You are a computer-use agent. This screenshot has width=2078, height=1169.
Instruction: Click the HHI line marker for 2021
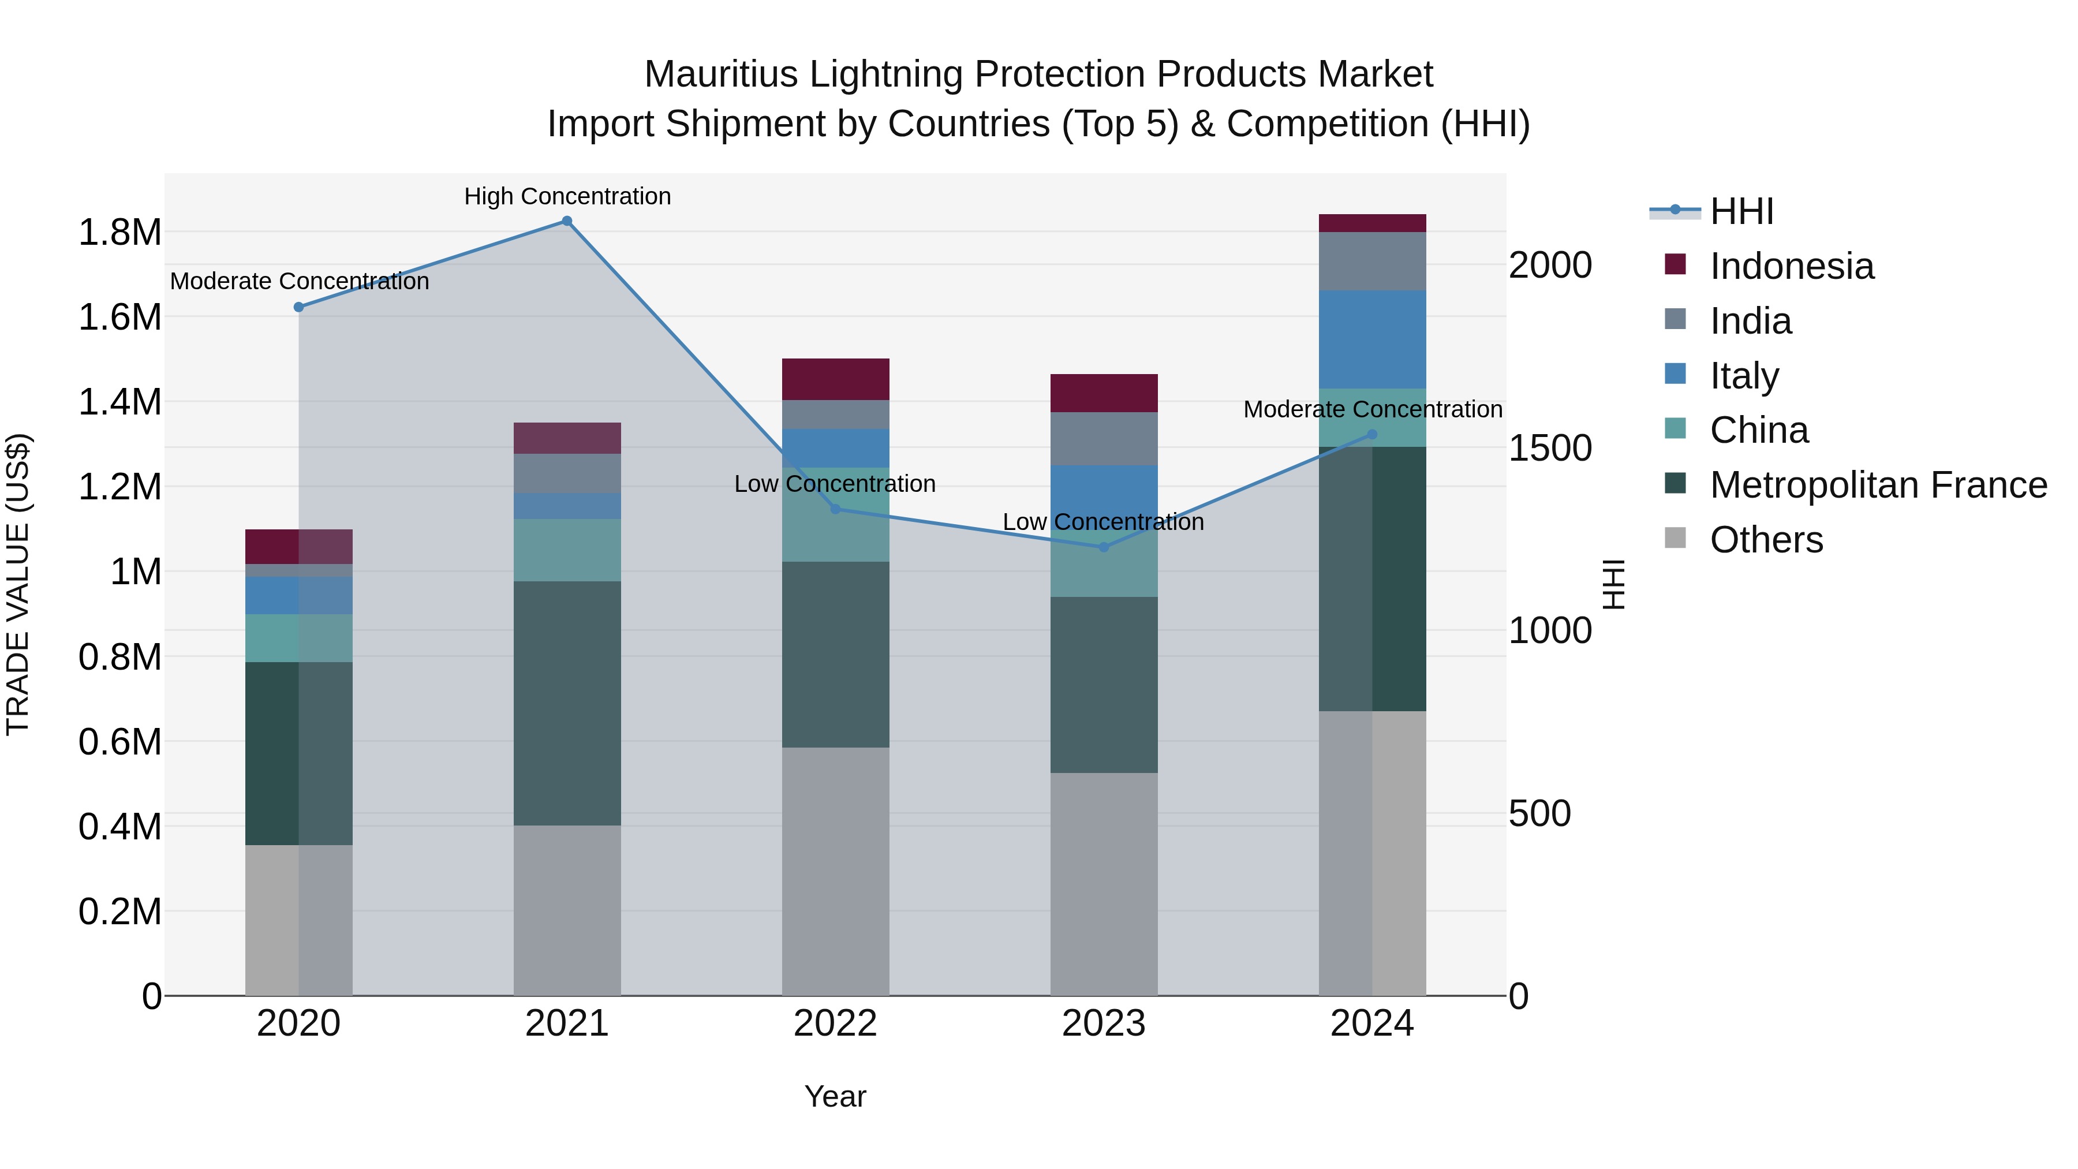click(x=567, y=221)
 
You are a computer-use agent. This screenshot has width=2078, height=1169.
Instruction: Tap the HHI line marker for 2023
click(x=1104, y=547)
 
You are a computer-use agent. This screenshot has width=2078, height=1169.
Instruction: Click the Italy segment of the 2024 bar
click(x=1372, y=339)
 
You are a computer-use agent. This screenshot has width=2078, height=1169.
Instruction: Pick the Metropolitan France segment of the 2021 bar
click(x=567, y=702)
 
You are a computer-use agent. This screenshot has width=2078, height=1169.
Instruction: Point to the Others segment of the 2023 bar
click(x=1104, y=883)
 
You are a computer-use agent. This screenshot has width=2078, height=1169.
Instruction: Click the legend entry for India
click(x=1751, y=321)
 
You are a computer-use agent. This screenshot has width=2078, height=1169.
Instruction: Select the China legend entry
click(x=1759, y=430)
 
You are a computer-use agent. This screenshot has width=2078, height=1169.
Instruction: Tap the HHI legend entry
click(x=1741, y=211)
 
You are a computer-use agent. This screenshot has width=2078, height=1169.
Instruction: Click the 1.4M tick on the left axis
click(x=119, y=402)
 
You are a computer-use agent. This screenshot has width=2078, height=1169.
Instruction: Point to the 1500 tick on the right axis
click(x=1550, y=448)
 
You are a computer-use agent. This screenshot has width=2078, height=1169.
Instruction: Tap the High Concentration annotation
click(x=567, y=196)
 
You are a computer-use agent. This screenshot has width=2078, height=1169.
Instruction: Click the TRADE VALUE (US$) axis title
click(x=18, y=584)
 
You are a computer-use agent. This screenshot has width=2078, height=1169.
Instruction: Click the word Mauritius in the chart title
click(x=721, y=74)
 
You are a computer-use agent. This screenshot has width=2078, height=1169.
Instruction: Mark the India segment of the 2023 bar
click(x=1104, y=438)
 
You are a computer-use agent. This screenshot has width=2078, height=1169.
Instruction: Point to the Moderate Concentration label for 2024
click(x=1372, y=409)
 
